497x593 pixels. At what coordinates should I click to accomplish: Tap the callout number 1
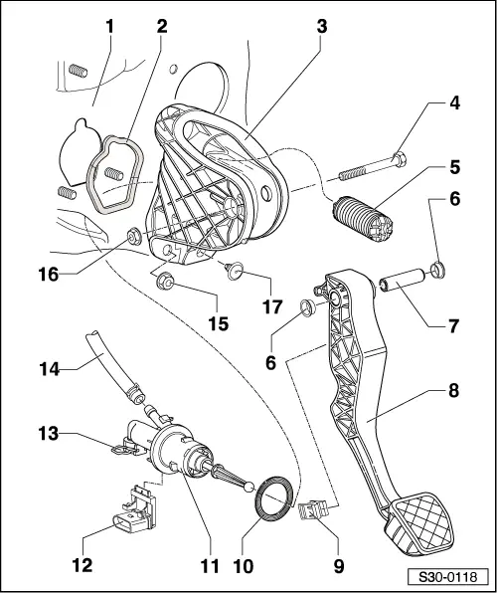point(109,25)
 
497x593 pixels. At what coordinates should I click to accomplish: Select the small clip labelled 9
point(313,511)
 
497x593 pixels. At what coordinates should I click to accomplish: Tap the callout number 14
point(46,369)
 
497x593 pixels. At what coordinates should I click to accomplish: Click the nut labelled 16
point(130,237)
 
